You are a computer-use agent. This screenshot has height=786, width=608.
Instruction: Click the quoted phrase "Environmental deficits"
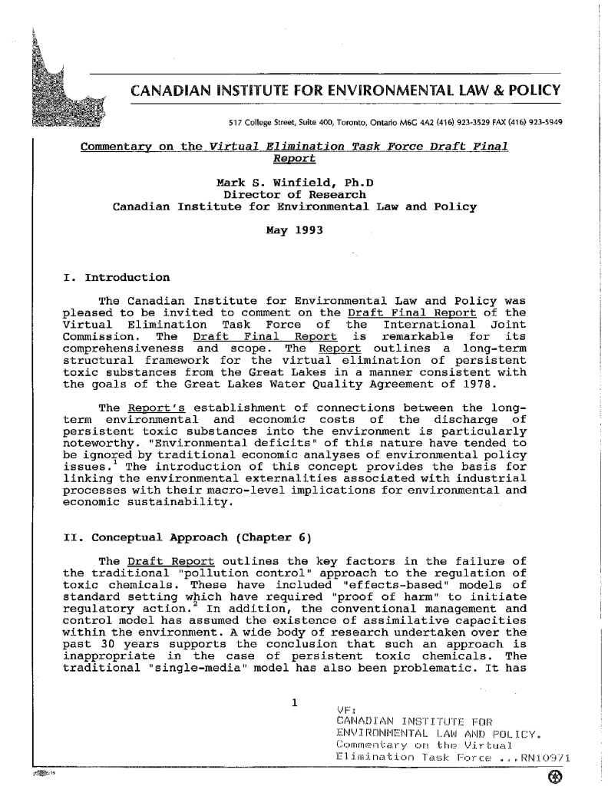click(x=215, y=445)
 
